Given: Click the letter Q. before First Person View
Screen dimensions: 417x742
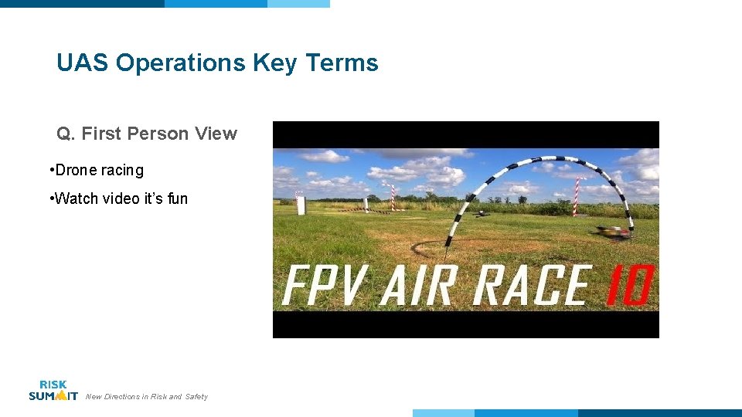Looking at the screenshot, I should click(66, 134).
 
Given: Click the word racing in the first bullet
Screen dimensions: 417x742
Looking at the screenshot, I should click(122, 171).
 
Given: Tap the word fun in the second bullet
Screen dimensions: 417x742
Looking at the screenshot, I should click(177, 199).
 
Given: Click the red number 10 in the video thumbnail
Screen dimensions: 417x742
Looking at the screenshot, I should click(627, 286).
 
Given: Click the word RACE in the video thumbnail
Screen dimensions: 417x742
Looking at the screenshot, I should click(533, 286).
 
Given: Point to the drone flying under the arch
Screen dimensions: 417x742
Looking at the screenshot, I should click(482, 214).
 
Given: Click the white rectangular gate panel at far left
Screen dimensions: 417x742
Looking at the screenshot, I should click(301, 204).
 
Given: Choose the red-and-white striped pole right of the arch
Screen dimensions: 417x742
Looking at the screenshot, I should click(575, 195).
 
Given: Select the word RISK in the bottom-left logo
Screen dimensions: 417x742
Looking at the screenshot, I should click(53, 385).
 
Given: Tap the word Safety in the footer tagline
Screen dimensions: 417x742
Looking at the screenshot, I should click(196, 397).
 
